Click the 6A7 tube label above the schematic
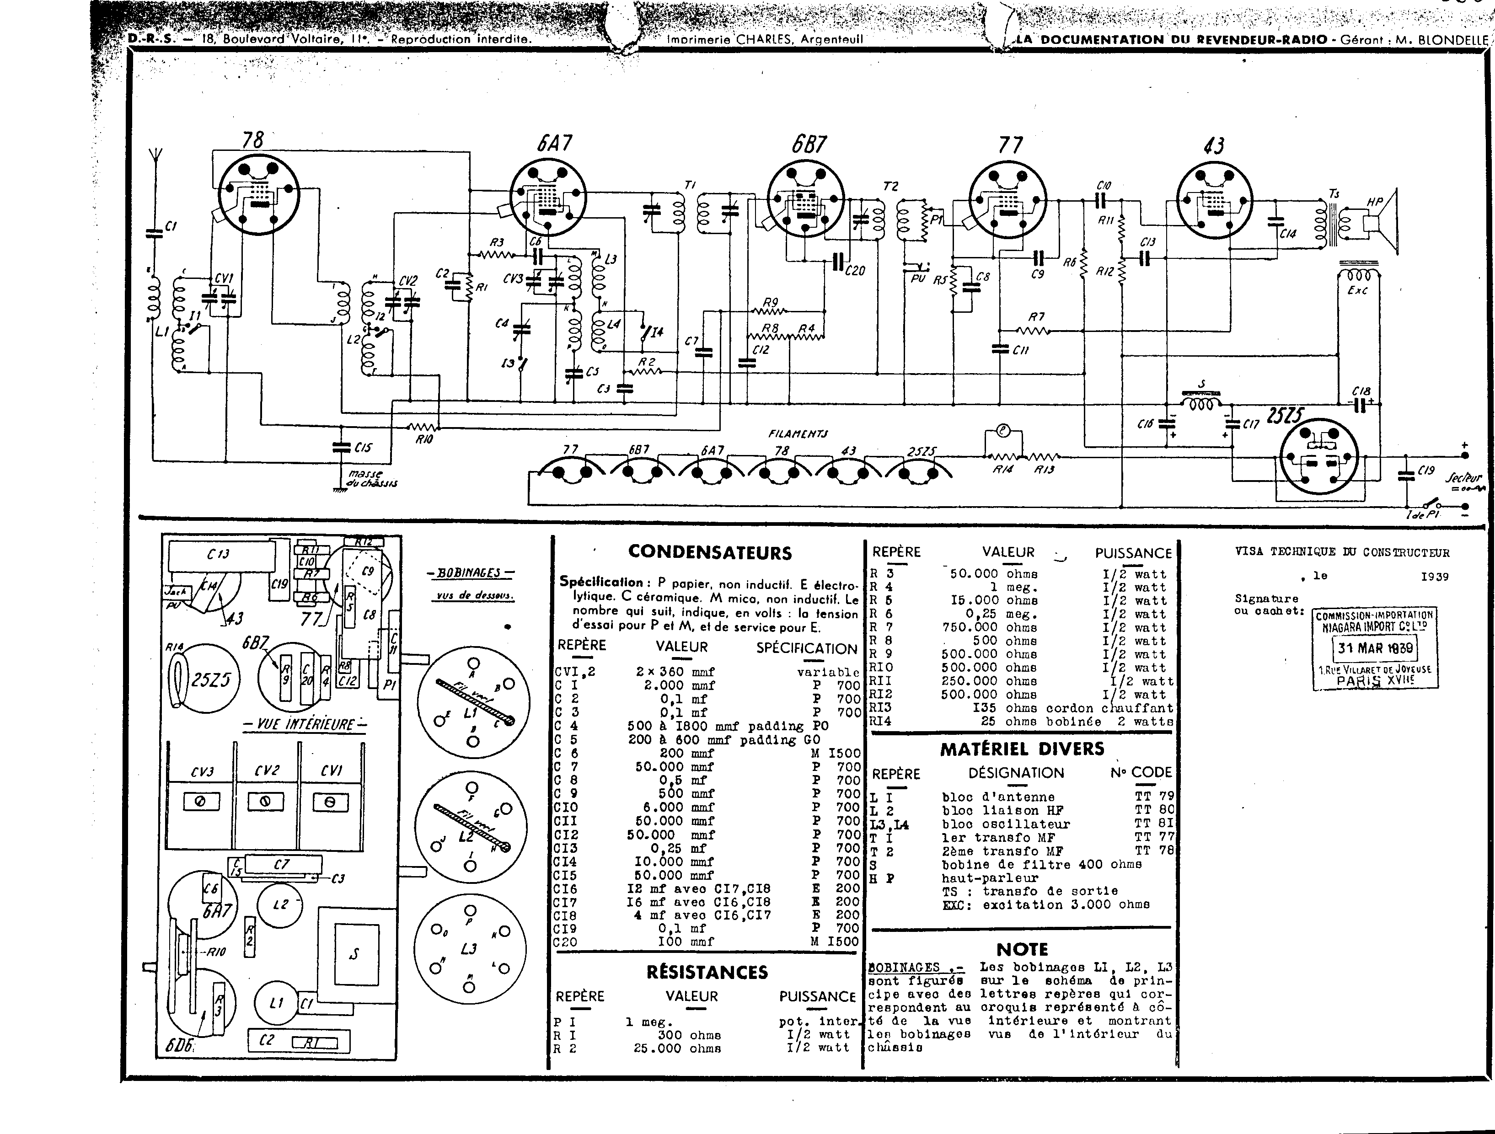(x=555, y=143)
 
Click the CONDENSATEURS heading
(x=710, y=552)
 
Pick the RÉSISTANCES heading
(x=707, y=972)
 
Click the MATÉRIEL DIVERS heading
(x=1022, y=749)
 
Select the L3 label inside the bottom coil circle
(x=468, y=949)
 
